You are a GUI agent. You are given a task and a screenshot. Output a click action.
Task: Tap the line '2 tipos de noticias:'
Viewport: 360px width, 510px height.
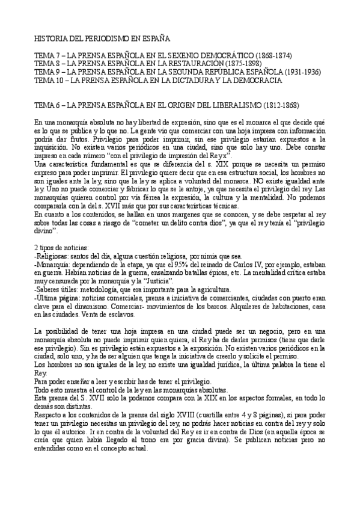63,248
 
